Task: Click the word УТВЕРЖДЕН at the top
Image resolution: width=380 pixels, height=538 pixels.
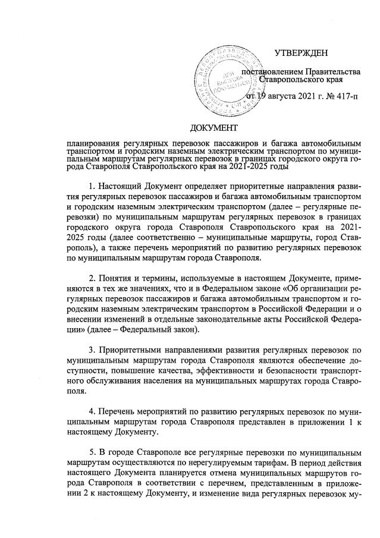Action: [x=304, y=54]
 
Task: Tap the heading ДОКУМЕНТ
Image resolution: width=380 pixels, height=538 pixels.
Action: [x=213, y=128]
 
